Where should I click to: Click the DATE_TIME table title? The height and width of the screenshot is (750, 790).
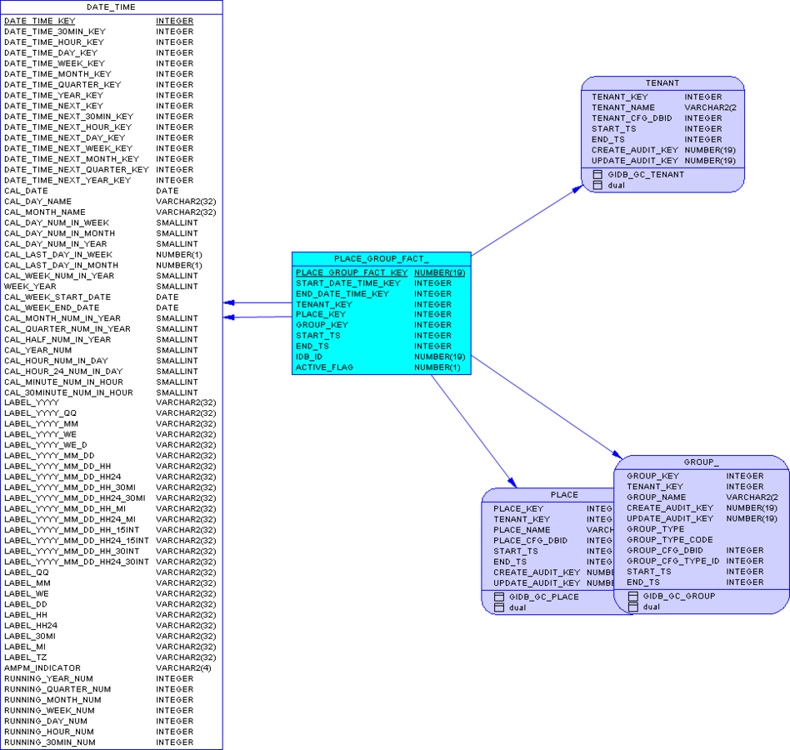click(111, 7)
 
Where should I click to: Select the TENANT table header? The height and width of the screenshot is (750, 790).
click(662, 83)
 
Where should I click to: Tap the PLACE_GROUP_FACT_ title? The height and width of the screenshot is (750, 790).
click(381, 259)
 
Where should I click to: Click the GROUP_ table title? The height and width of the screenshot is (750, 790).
click(701, 462)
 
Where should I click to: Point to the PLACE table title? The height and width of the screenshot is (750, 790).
click(564, 495)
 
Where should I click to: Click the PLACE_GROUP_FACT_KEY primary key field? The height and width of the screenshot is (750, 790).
click(352, 272)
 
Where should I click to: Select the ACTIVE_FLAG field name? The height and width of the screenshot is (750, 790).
click(325, 367)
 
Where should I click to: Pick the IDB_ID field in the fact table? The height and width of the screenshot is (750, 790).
click(309, 357)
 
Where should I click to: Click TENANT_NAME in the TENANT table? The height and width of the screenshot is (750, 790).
click(623, 107)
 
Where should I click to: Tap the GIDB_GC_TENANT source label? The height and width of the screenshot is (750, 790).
click(646, 175)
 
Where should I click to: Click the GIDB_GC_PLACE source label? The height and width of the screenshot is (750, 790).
click(543, 597)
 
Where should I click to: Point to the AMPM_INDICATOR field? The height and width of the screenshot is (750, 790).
click(42, 668)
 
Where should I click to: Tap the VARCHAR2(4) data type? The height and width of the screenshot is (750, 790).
click(183, 668)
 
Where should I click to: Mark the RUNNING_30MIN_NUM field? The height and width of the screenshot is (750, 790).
click(50, 742)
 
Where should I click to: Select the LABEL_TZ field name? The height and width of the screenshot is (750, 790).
click(26, 657)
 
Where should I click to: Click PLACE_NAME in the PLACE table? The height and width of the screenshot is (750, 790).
click(522, 530)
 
